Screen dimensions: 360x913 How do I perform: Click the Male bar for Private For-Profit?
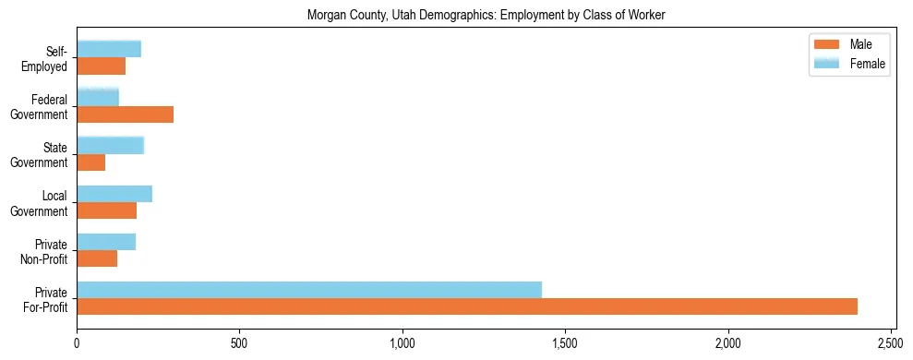pos(467,306)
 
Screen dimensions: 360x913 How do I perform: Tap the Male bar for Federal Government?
pos(125,114)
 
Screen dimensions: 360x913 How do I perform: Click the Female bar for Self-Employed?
pos(109,49)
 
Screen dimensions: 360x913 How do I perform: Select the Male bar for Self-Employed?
pos(101,66)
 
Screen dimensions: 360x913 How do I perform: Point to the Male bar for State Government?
pos(90,162)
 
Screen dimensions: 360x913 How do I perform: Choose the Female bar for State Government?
pos(111,146)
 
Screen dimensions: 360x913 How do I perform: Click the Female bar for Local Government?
pos(114,194)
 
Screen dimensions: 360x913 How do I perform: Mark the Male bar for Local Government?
pos(106,210)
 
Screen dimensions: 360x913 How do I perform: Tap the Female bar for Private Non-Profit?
pos(106,242)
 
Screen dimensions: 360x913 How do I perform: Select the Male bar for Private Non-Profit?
pos(97,258)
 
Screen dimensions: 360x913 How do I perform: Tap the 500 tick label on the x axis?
pos(239,343)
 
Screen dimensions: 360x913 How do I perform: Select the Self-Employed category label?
pos(47,58)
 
